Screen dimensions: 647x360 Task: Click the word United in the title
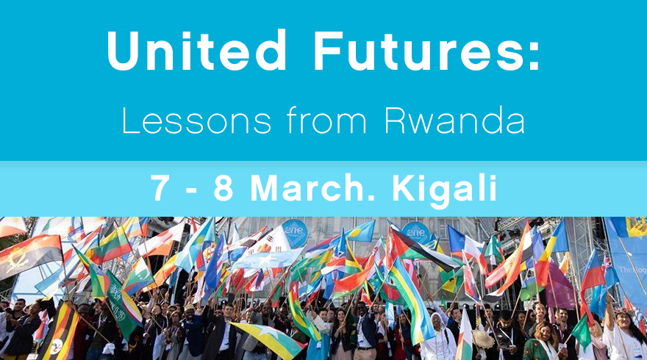[x=196, y=50]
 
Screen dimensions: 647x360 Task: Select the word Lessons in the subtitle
[x=196, y=120]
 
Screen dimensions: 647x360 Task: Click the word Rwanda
[x=454, y=120]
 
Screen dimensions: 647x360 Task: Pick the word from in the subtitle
[x=326, y=120]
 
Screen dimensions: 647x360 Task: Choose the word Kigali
[x=444, y=190]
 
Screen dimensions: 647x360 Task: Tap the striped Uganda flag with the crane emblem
[x=59, y=332]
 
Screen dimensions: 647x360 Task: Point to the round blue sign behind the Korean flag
[x=295, y=233]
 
